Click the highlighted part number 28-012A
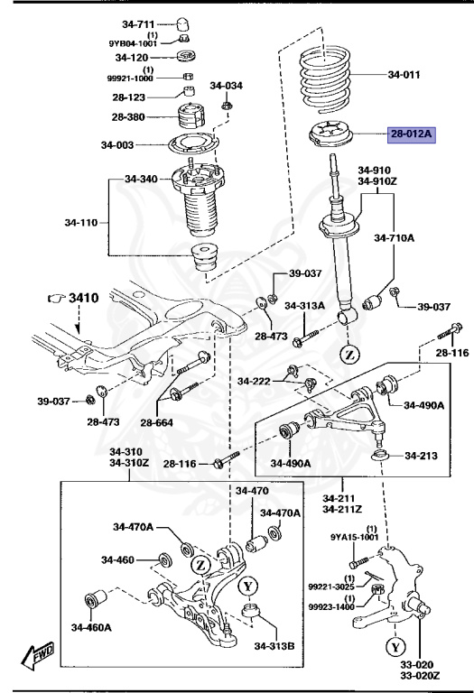coord(412,135)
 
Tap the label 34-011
coord(404,75)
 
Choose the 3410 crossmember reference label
coord(80,297)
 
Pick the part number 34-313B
coord(274,646)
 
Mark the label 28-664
coord(157,422)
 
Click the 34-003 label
coord(116,145)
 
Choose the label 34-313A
coord(304,306)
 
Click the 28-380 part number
coord(130,116)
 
